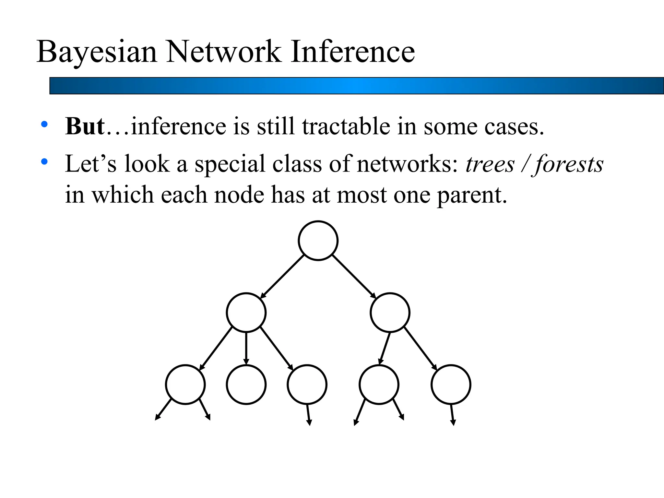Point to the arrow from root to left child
tap(282, 276)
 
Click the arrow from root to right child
tap(354, 276)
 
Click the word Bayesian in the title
tap(97, 52)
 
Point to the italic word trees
tap(490, 164)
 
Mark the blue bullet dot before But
tap(44, 124)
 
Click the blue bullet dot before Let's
tap(44, 161)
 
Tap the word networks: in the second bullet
tap(407, 164)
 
